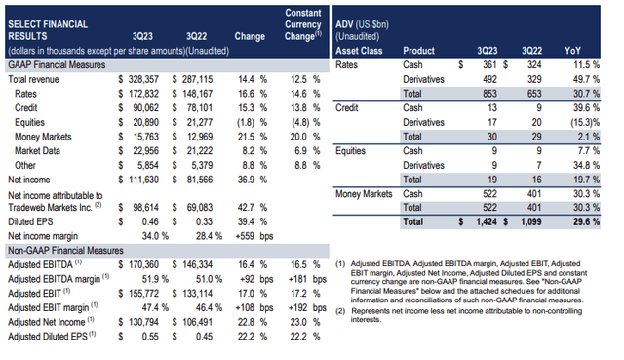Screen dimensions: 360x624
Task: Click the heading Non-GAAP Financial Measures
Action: tap(67, 249)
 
